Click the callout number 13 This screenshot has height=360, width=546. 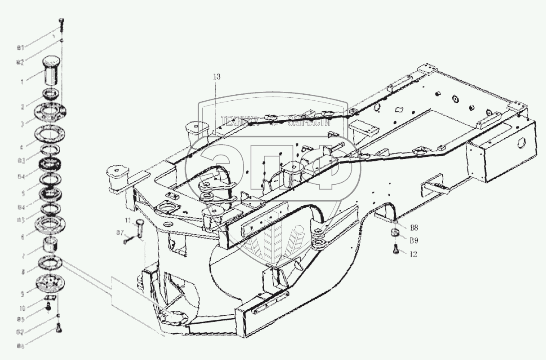tap(216, 77)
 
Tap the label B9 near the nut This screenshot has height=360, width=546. tap(414, 240)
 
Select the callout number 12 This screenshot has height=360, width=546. tap(413, 254)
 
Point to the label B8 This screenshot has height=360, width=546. tap(414, 228)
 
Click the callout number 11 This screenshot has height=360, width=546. tap(127, 220)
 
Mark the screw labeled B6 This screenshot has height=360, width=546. tap(59, 329)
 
